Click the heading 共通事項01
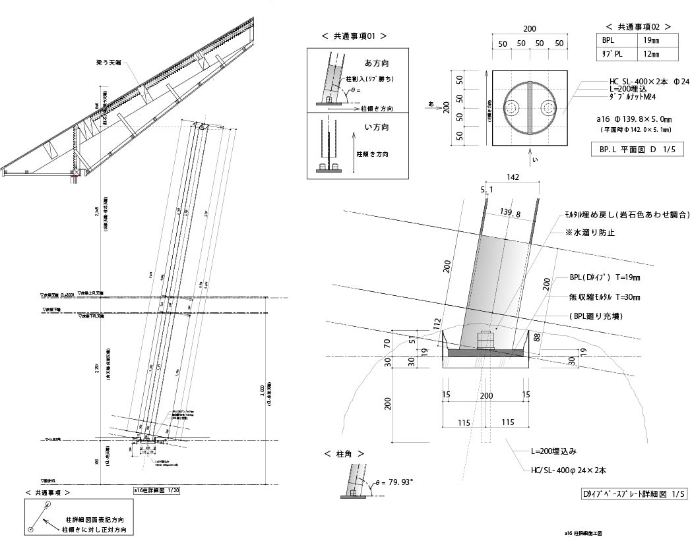[354, 37]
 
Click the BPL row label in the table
[608, 40]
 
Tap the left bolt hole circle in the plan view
[512, 107]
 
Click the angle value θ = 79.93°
[394, 482]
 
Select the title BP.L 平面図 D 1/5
[637, 150]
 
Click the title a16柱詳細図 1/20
[156, 490]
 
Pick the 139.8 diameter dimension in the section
[511, 214]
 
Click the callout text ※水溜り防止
[590, 233]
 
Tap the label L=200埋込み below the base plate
[554, 451]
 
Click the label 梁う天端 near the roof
[109, 63]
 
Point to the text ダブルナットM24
[633, 98]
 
